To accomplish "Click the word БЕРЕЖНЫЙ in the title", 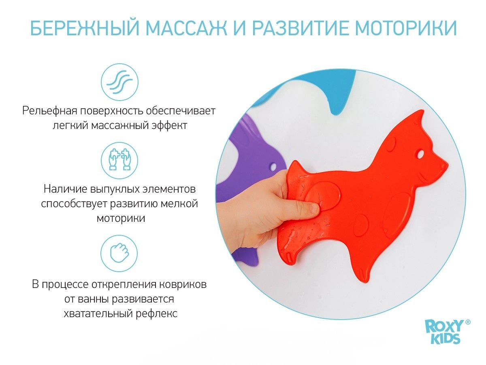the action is tap(85, 28).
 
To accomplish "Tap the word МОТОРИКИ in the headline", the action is tap(405, 28).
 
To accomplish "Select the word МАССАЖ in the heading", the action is tap(187, 28).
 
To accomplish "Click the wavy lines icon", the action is tap(119, 82).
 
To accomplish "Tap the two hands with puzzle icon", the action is tap(119, 160).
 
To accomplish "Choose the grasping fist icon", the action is tap(119, 253).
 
